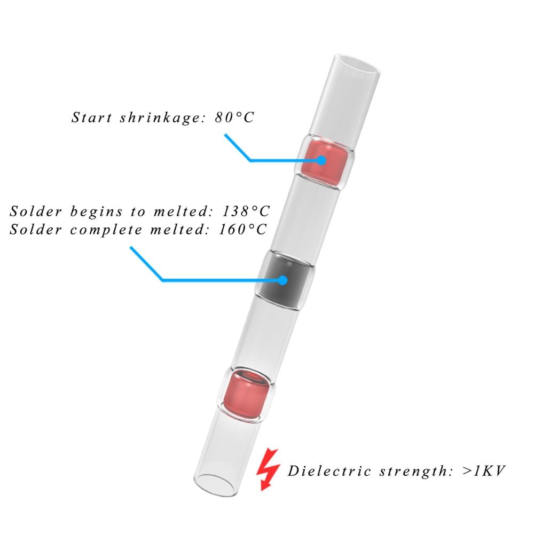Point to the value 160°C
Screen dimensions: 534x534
coord(243,230)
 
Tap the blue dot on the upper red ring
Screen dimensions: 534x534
coord(321,160)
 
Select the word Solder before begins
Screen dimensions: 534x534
coord(32,211)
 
